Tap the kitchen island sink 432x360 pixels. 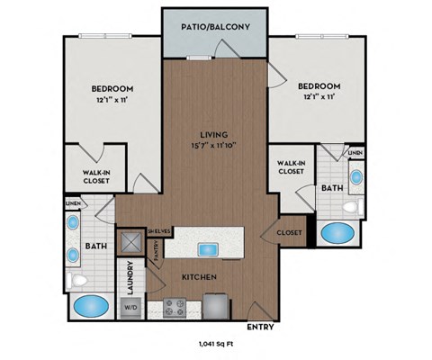tap(208, 248)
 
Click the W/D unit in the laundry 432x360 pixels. tap(132, 305)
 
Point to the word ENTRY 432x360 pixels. tap(259, 327)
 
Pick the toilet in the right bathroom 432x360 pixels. tap(357, 208)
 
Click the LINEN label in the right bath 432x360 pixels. tap(355, 154)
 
